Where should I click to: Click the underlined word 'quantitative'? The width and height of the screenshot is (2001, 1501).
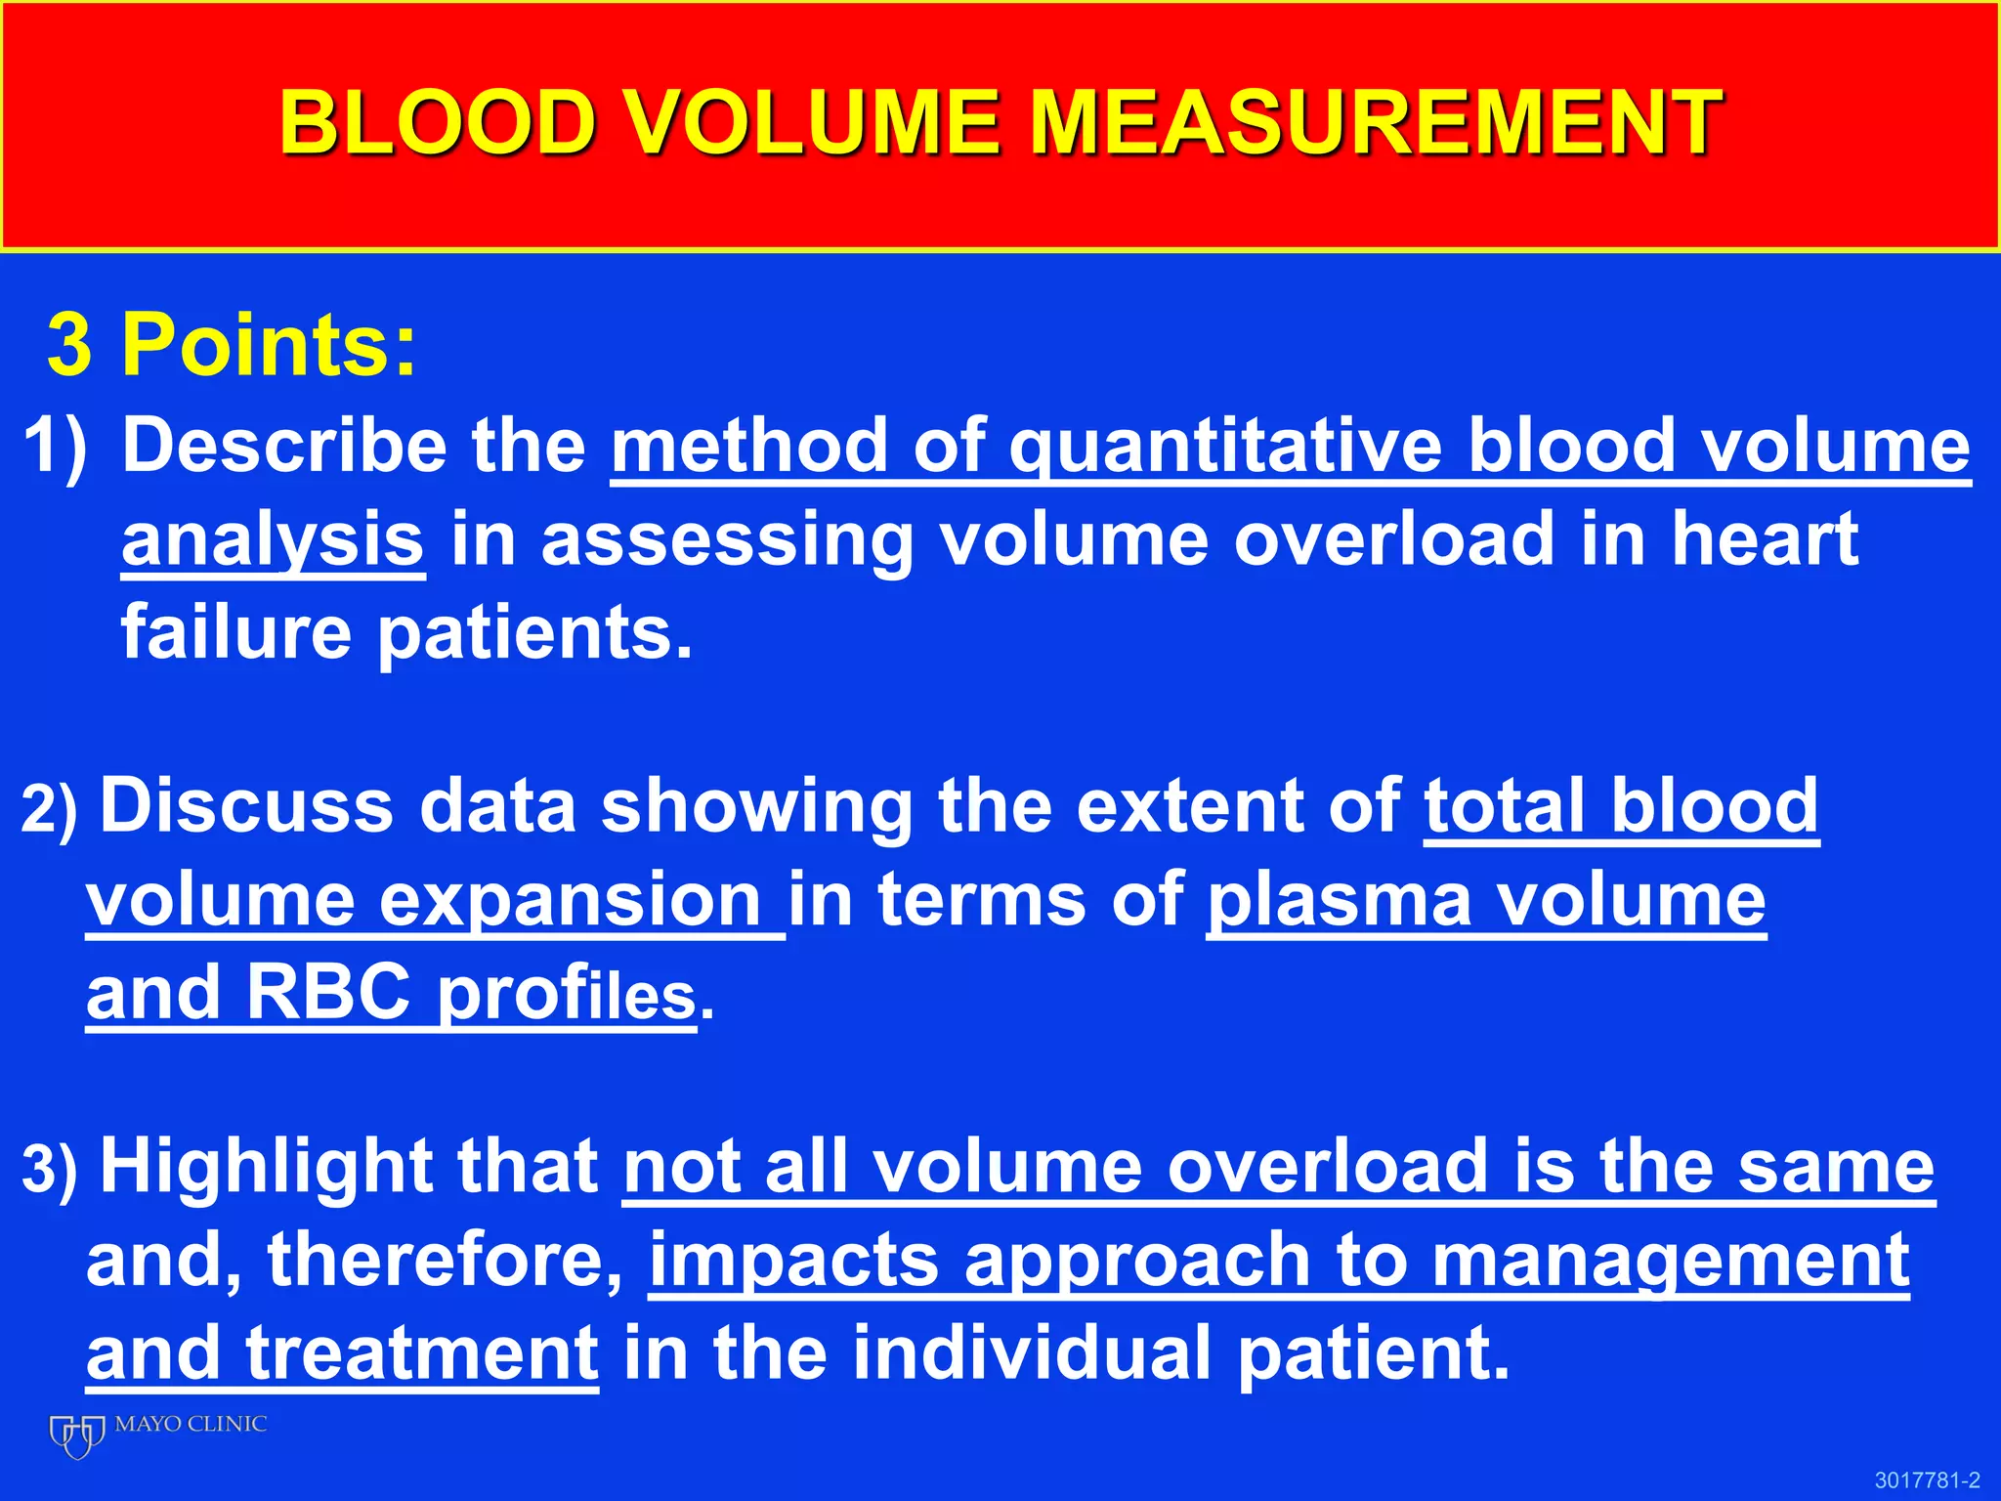[1225, 447]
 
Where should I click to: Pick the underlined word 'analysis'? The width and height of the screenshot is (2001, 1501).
[273, 540]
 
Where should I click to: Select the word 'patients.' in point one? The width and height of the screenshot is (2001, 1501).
[534, 633]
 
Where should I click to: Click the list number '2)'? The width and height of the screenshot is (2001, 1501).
[49, 810]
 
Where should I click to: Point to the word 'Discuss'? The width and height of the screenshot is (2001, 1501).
[247, 806]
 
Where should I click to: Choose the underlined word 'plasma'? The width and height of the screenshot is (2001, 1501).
[1339, 900]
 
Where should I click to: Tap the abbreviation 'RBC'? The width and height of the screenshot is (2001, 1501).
[327, 993]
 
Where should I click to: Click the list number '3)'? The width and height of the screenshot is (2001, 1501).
[49, 1170]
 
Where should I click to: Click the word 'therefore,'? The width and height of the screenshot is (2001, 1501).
[445, 1260]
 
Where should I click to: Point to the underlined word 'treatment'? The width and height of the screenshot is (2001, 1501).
[421, 1353]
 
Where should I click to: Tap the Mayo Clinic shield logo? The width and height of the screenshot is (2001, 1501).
[77, 1436]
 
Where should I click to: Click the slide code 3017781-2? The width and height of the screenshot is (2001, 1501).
[1927, 1480]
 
